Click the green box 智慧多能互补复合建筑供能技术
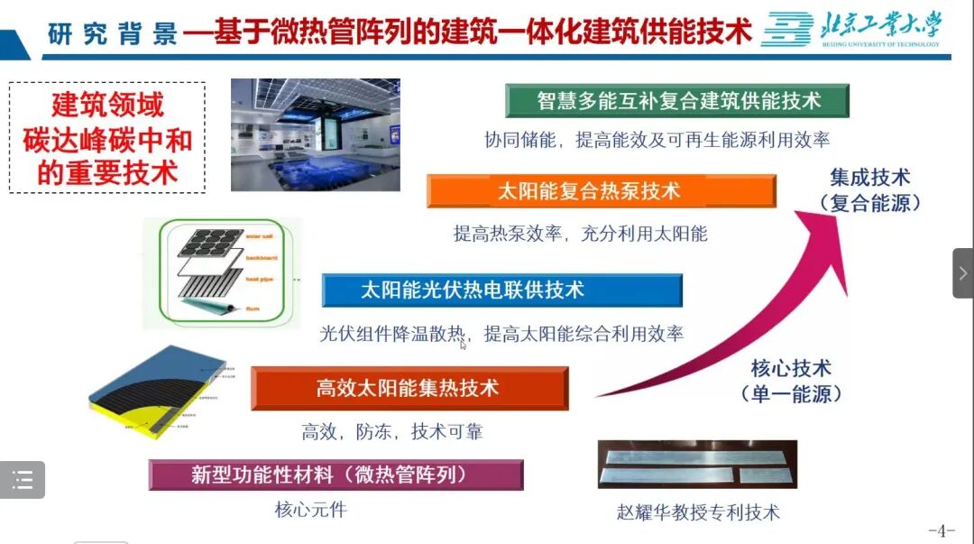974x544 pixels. (x=677, y=101)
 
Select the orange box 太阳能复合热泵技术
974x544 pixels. (x=601, y=191)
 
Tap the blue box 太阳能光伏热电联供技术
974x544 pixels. (x=501, y=290)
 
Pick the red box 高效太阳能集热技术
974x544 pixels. (x=409, y=389)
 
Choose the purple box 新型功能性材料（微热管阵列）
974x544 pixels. (x=335, y=475)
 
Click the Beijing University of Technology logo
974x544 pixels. (x=850, y=30)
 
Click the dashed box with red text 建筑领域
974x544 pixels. (x=107, y=138)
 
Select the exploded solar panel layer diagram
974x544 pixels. (x=223, y=272)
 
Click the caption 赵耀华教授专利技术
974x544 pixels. (x=698, y=512)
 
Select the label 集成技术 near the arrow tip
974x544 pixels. (x=870, y=178)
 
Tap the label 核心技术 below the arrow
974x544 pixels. (x=791, y=368)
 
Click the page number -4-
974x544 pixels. (x=941, y=530)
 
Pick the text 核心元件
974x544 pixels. (x=310, y=510)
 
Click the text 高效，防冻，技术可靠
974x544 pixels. (x=392, y=432)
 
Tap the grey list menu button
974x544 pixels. (x=23, y=480)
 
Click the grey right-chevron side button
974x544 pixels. (x=962, y=272)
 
